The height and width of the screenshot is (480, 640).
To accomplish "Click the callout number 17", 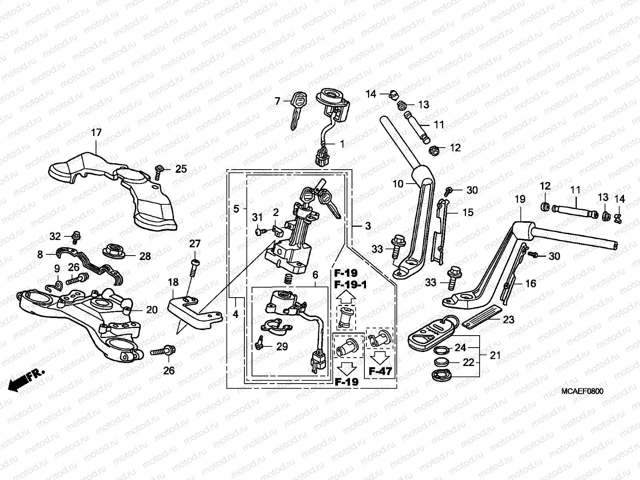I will pyautogui.click(x=96, y=132).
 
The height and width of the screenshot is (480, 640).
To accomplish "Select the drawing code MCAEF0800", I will pyautogui.click(x=582, y=391).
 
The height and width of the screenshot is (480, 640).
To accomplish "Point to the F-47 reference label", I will pyautogui.click(x=380, y=371).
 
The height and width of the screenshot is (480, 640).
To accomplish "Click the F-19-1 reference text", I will pyautogui.click(x=350, y=285).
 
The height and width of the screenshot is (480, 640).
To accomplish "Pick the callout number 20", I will pyautogui.click(x=152, y=310).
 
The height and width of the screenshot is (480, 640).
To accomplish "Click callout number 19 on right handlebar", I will pyautogui.click(x=520, y=199).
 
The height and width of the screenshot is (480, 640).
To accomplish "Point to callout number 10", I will pyautogui.click(x=398, y=184).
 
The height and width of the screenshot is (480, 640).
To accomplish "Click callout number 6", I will pyautogui.click(x=315, y=275).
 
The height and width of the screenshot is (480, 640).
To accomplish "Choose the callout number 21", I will pyautogui.click(x=495, y=355).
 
